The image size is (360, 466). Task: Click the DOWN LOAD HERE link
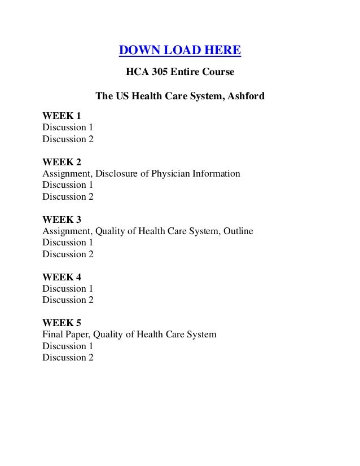(x=179, y=51)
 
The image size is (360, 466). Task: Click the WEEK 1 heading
(x=62, y=116)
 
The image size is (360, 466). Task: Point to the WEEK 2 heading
(x=62, y=162)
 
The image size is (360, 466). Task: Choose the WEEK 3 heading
(x=62, y=219)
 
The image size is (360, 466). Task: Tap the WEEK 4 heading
(x=62, y=277)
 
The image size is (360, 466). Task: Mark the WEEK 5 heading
(x=62, y=323)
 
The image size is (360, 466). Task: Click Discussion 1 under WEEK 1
(x=68, y=128)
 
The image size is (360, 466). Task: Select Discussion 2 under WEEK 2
(x=68, y=197)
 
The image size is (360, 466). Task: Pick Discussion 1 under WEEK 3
(x=68, y=243)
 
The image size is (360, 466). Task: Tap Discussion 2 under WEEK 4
(x=68, y=300)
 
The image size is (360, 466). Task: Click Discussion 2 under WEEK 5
(x=68, y=358)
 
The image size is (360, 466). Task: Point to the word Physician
(x=170, y=174)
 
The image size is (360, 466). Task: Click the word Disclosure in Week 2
(x=115, y=174)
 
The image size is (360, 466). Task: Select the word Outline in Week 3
(x=236, y=231)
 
